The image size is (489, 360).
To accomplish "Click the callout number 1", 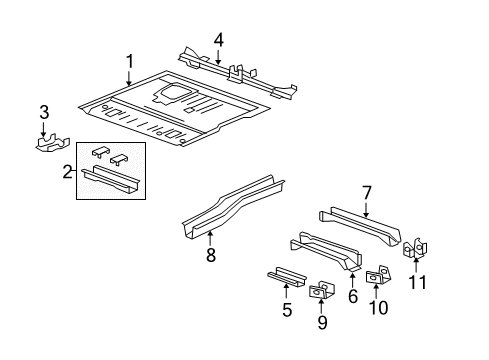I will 129,62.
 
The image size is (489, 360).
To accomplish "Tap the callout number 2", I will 67,171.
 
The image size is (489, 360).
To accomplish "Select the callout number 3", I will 43,111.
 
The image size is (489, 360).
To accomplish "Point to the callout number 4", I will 218,40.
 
